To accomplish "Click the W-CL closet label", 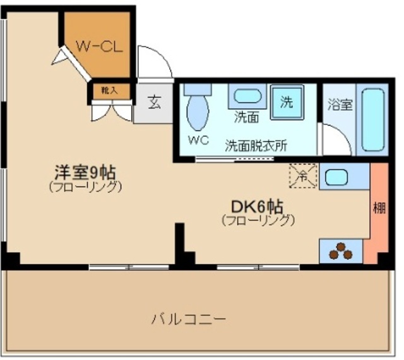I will tap(98, 45).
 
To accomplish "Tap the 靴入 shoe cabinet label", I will tap(109, 91).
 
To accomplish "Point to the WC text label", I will tap(198, 140).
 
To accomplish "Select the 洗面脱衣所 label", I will tap(256, 144).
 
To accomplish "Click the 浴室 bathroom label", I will tap(340, 105).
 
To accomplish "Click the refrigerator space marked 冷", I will tap(304, 176).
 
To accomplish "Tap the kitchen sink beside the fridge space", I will tap(336, 177).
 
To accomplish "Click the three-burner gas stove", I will tap(340, 251).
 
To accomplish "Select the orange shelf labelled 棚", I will tap(379, 209).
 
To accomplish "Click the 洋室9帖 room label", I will tap(85, 172).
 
